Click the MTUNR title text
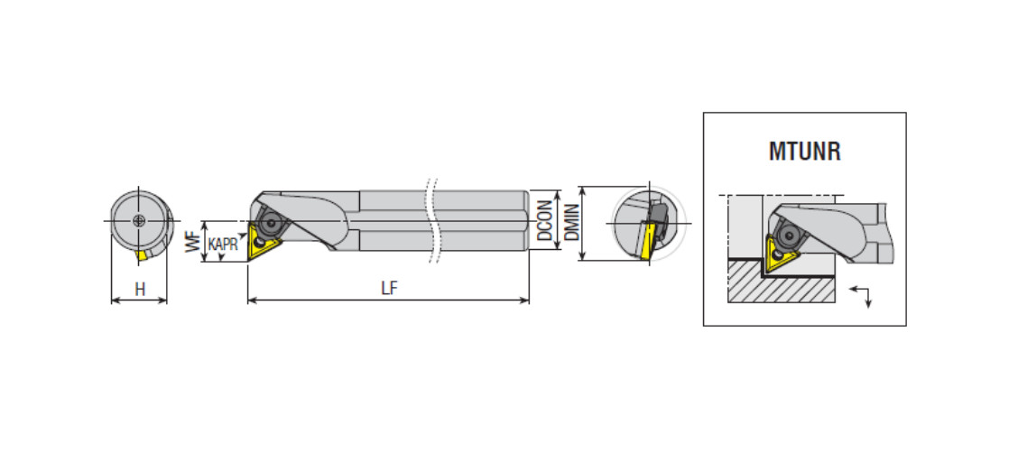coord(804,152)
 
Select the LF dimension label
coord(390,289)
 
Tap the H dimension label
coord(140,290)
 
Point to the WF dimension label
coord(193,242)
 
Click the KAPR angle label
coord(223,245)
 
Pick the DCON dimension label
coord(545,220)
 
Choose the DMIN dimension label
coord(571,223)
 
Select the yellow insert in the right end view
coord(646,241)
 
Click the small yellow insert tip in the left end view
coord(142,255)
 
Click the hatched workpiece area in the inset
coord(782,281)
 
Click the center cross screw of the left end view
coord(138,220)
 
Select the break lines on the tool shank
coord(431,220)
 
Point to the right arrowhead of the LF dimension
coord(524,300)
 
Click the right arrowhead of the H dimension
coord(162,300)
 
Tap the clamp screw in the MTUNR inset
coord(789,235)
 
